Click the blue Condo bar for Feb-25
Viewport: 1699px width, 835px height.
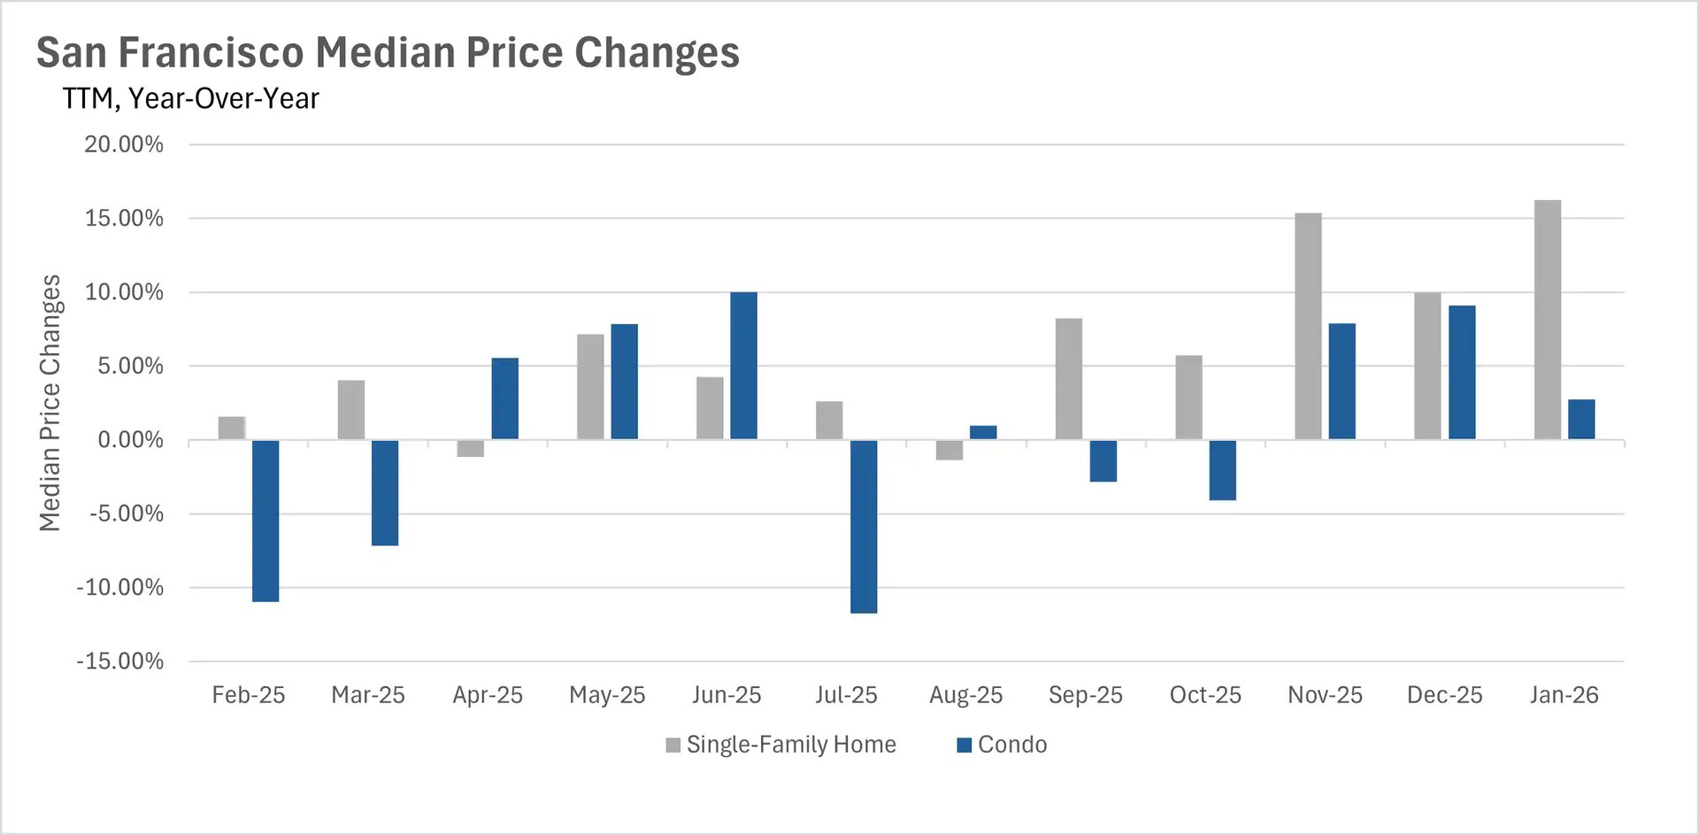tap(265, 521)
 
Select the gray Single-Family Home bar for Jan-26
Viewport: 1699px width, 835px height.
tap(1547, 320)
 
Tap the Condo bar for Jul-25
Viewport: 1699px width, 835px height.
tap(864, 526)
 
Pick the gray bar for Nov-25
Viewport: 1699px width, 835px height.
tap(1308, 326)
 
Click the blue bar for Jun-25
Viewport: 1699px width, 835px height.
tap(743, 366)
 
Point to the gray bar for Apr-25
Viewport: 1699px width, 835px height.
tap(471, 448)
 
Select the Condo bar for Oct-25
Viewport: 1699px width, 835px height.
tap(1222, 470)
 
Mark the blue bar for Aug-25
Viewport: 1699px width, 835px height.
tap(983, 432)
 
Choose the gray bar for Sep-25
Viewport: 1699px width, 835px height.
tap(1069, 379)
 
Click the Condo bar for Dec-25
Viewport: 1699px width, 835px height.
tap(1462, 373)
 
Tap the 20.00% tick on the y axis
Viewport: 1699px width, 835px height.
tap(124, 144)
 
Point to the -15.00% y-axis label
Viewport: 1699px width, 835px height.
tap(120, 661)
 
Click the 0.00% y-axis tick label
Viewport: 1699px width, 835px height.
tap(130, 440)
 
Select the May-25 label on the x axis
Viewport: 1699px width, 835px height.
tap(607, 695)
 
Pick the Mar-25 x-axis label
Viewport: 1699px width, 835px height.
tap(368, 695)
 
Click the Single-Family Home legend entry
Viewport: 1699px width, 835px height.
tap(790, 745)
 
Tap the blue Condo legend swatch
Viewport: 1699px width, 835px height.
tap(965, 746)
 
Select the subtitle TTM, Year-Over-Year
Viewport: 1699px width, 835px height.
tap(190, 98)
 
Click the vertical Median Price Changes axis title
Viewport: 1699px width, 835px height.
tap(50, 403)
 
